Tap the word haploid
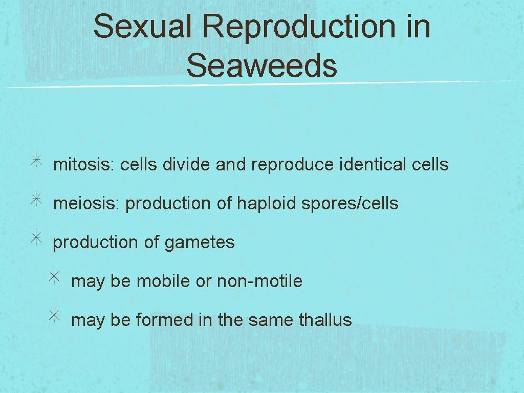click(267, 204)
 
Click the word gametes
click(200, 243)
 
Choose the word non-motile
click(259, 281)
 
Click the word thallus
click(325, 320)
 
